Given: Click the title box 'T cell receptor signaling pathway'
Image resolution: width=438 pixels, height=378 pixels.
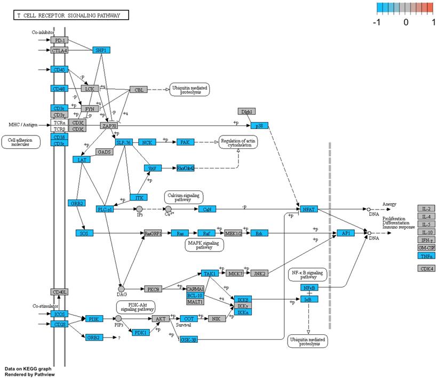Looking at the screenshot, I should [70, 15].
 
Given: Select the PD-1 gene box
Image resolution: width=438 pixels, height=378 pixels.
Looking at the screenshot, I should [59, 40].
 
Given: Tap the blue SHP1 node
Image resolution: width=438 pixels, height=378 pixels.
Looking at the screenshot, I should [101, 50].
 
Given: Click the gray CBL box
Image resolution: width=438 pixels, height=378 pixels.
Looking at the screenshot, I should [138, 90].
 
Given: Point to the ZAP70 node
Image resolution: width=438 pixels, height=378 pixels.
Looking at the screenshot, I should [108, 126].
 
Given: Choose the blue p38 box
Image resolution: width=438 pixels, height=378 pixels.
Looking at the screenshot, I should [259, 126].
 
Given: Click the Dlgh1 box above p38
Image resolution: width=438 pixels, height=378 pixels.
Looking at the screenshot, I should [246, 111].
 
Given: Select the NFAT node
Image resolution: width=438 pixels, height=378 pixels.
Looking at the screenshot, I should [309, 209].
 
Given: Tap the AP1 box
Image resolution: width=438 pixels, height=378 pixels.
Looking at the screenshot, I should [345, 233].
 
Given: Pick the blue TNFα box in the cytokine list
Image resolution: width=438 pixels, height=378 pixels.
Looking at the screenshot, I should [426, 256].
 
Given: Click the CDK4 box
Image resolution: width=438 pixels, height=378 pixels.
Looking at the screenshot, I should [426, 268].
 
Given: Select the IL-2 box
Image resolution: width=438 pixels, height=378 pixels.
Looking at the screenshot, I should [426, 208].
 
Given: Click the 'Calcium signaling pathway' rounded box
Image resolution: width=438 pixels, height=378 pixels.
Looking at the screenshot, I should [184, 197].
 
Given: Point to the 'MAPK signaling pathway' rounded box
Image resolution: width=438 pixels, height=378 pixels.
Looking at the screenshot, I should [204, 245].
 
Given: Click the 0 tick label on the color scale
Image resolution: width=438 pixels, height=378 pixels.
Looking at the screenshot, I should [406, 22].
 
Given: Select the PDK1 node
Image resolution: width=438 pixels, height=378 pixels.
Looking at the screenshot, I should [141, 333].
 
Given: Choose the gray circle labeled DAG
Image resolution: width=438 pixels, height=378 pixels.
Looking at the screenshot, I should [121, 289].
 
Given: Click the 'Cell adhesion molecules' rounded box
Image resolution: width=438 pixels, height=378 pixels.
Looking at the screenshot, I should [21, 142].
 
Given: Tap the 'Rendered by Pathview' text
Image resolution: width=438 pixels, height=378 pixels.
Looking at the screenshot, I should [29, 374].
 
